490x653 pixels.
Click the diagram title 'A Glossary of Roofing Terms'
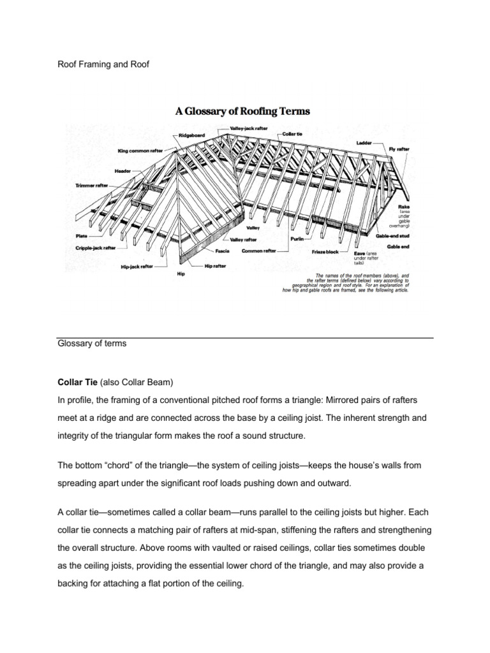click(x=243, y=111)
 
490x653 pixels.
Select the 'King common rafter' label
click(x=140, y=151)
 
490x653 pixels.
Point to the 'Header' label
click(x=122, y=171)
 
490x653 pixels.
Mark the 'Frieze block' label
click(x=324, y=252)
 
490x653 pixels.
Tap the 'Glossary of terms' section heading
click(x=92, y=343)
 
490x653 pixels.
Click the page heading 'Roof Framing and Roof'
click(x=103, y=64)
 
